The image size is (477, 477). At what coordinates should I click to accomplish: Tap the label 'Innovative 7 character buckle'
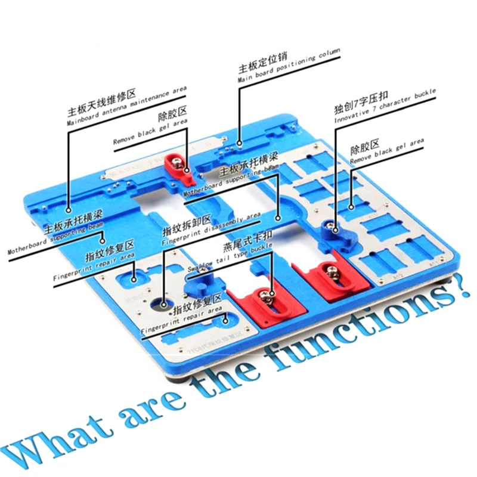[385, 107]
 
